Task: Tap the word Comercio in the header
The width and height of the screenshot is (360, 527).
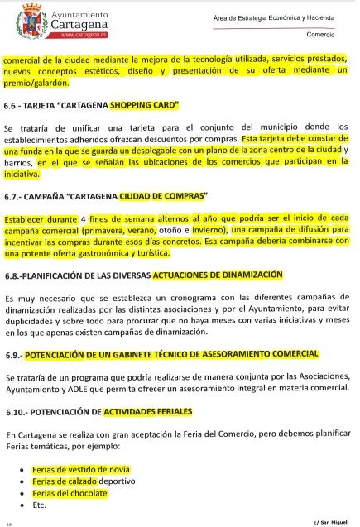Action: [x=320, y=36]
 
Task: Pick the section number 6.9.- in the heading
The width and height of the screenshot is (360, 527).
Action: [x=17, y=355]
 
